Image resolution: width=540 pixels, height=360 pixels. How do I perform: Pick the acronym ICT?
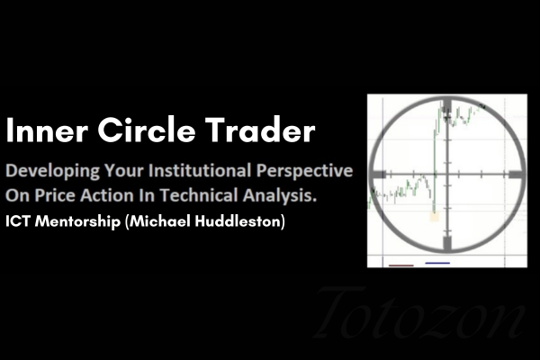click(19, 220)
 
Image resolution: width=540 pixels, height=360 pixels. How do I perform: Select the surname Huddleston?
click(241, 220)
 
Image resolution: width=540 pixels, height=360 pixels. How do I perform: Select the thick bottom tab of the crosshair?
click(446, 244)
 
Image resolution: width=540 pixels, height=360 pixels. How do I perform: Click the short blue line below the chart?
click(437, 264)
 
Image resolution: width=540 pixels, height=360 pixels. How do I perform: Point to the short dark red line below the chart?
click(400, 265)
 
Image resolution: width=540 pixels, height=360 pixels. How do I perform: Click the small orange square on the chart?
click(435, 215)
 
